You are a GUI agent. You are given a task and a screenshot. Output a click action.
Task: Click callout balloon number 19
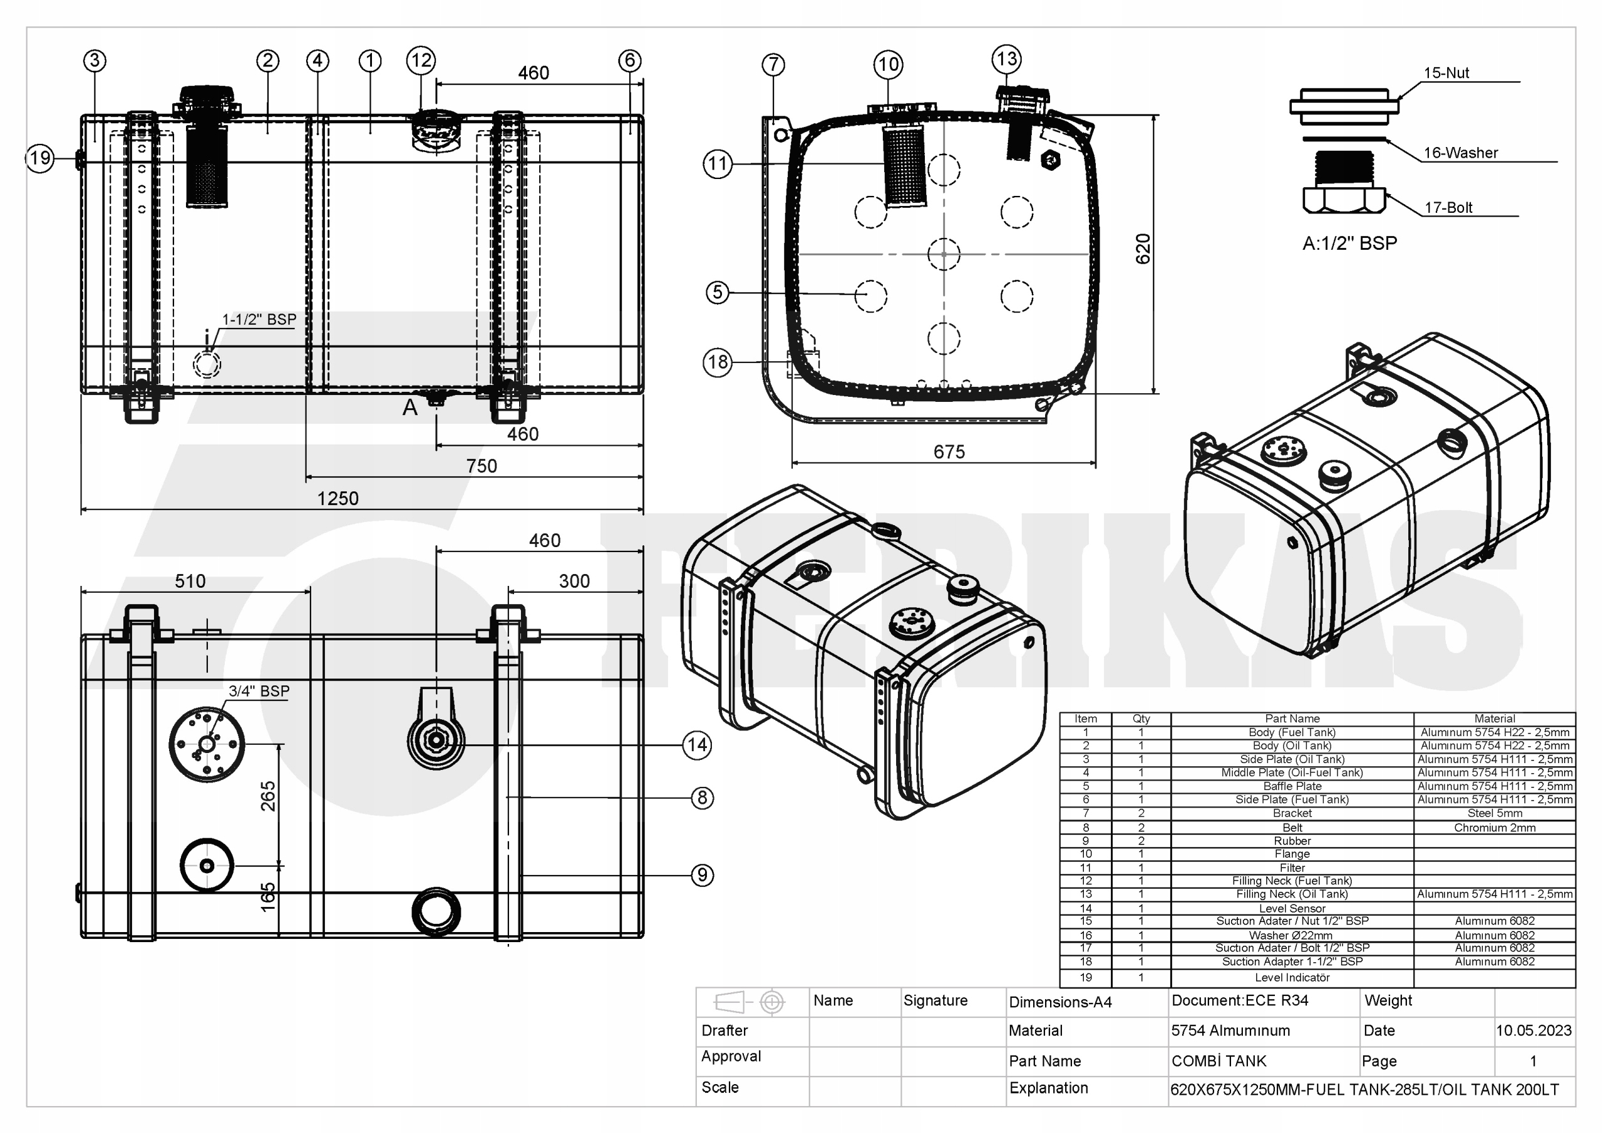(40, 158)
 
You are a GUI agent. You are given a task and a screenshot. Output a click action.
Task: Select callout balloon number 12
(421, 60)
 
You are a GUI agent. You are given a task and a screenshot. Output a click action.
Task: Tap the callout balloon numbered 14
(697, 745)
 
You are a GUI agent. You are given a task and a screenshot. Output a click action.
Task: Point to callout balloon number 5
(718, 292)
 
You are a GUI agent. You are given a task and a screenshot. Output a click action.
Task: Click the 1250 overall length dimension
(338, 498)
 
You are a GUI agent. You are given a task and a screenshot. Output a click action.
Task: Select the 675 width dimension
(949, 452)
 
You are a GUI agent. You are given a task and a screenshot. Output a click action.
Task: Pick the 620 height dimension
(1142, 249)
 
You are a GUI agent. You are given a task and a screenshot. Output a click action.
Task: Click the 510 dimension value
(190, 581)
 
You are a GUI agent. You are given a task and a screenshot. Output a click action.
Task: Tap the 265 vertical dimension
(268, 796)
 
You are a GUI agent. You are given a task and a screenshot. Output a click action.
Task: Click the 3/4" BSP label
(259, 690)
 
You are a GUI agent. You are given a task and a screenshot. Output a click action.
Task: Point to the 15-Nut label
(1446, 73)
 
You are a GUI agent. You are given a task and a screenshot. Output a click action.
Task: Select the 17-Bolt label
(1448, 207)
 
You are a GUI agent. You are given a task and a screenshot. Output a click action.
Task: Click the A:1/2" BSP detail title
(1349, 243)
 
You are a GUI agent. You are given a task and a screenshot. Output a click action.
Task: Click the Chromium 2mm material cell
(1494, 828)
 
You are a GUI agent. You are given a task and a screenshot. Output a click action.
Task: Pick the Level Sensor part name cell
(1292, 908)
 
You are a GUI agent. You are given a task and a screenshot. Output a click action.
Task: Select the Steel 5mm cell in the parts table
(1494, 813)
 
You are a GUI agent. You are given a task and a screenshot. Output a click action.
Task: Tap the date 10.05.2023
(1533, 1030)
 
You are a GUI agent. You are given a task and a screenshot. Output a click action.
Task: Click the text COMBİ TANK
(1219, 1061)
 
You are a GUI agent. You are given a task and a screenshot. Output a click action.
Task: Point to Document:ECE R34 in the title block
(1239, 1000)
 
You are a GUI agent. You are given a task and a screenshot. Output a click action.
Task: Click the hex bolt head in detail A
(1344, 200)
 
